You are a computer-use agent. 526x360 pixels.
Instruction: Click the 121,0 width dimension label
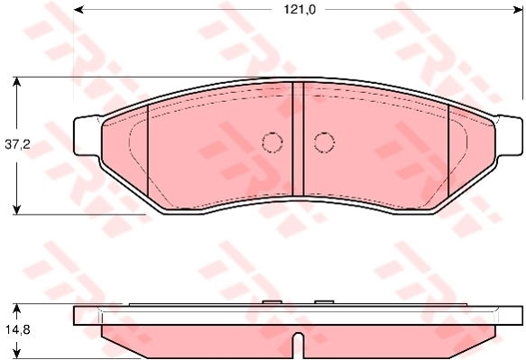pos(300,10)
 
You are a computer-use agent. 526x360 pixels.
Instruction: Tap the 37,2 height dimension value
pos(17,144)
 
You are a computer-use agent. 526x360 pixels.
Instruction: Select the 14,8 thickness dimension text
pos(17,330)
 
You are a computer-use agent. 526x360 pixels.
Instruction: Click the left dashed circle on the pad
pos(272,143)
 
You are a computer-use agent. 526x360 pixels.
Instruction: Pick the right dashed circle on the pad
pos(324,143)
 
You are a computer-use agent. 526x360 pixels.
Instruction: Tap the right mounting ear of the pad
pos(509,135)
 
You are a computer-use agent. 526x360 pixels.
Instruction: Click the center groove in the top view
pos(299,139)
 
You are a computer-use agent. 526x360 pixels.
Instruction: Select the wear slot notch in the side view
pos(299,345)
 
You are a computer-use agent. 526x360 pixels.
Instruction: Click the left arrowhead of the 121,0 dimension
pos(78,10)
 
